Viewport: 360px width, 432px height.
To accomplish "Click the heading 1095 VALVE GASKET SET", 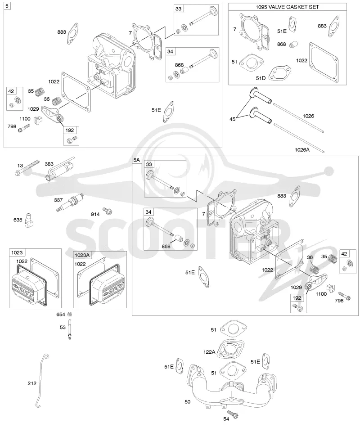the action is [x=287, y=7].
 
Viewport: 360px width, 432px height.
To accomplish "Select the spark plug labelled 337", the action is [x=70, y=202].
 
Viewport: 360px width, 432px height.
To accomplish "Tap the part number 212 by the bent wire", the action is [x=32, y=383].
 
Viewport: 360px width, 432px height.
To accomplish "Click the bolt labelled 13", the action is [x=27, y=167].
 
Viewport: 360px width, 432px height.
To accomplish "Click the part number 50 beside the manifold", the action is [x=187, y=402].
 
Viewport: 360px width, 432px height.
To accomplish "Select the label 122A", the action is [x=209, y=352].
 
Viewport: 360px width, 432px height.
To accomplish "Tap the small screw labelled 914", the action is [x=107, y=211].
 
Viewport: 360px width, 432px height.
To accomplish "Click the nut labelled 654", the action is [x=70, y=314].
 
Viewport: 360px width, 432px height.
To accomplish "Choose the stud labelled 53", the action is [x=70, y=328].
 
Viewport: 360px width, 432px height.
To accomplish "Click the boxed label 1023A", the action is [x=82, y=255].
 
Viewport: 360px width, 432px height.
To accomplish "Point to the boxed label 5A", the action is [x=137, y=160].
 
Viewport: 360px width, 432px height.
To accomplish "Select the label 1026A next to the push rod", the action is [x=302, y=149].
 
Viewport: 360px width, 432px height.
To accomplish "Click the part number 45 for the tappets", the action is [x=233, y=119].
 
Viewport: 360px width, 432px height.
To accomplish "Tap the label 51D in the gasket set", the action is [x=261, y=78].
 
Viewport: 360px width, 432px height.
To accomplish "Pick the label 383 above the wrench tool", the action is [x=49, y=164].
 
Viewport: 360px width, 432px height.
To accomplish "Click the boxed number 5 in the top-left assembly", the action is [x=7, y=6].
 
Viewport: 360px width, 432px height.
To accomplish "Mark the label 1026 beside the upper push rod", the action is [x=308, y=116].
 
